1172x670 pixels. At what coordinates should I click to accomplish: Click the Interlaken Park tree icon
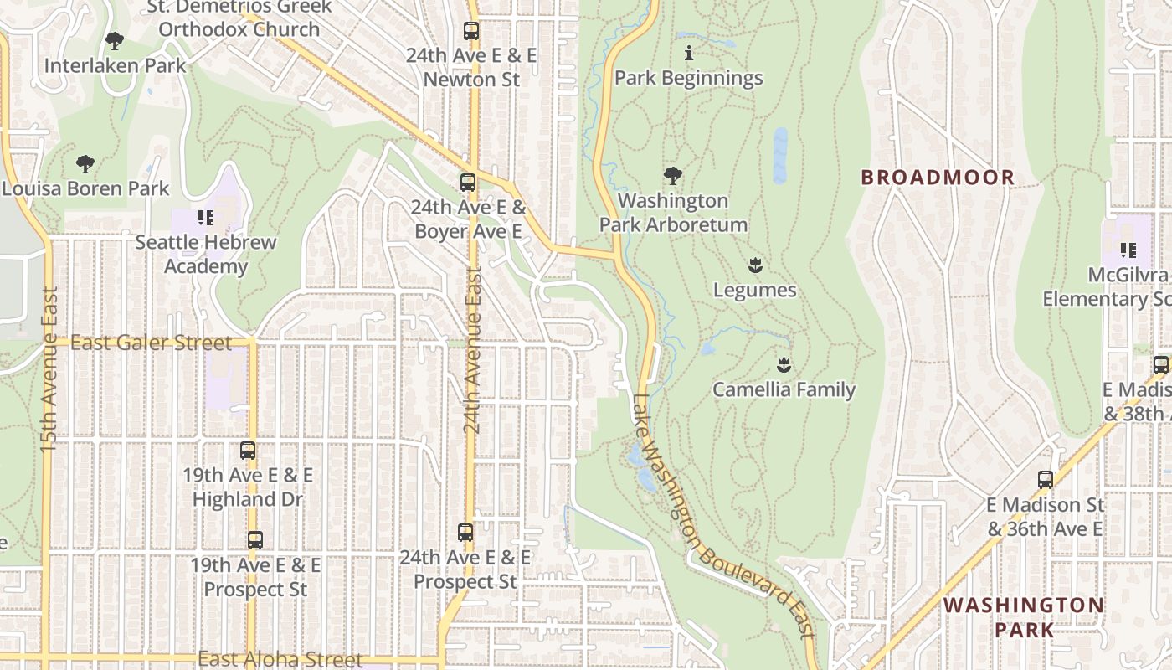click(115, 40)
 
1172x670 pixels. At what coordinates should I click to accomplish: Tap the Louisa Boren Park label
click(85, 188)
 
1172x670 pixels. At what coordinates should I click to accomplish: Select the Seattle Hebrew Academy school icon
click(205, 219)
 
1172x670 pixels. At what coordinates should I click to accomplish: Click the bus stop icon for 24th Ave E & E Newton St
click(471, 32)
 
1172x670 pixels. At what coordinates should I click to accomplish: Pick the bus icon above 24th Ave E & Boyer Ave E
click(468, 183)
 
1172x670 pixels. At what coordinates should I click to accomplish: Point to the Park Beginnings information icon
click(689, 54)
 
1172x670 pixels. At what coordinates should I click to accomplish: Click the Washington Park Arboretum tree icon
click(672, 176)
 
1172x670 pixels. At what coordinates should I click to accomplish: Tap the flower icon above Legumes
click(755, 266)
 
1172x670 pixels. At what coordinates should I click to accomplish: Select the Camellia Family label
click(784, 389)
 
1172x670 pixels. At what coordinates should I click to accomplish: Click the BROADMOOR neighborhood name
click(938, 178)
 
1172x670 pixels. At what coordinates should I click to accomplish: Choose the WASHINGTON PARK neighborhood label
click(1024, 616)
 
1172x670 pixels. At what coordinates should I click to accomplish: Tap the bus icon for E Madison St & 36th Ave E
click(1046, 480)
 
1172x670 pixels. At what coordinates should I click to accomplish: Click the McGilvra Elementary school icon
click(1128, 250)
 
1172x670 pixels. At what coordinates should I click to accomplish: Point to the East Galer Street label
click(151, 343)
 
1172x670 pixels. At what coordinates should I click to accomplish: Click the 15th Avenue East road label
click(49, 368)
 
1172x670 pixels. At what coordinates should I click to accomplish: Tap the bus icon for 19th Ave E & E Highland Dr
click(248, 451)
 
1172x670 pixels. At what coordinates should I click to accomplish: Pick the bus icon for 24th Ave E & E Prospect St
click(465, 533)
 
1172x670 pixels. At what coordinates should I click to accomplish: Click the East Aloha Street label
click(280, 660)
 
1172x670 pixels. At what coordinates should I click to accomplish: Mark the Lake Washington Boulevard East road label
click(720, 516)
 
